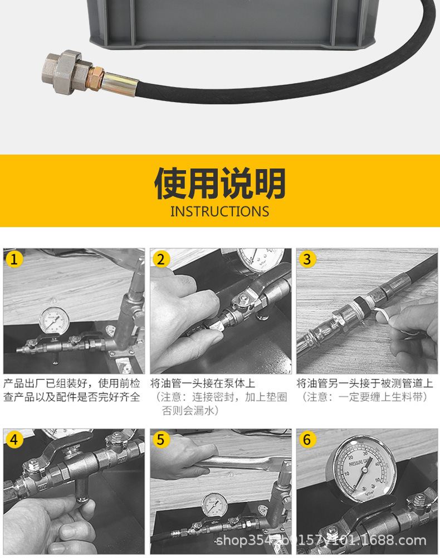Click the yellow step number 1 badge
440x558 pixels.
(14, 259)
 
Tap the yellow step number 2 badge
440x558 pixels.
(161, 259)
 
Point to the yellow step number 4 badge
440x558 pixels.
(14, 440)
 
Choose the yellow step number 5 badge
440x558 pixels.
(161, 440)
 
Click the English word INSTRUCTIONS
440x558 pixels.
(219, 211)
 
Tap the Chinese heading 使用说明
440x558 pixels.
(219, 182)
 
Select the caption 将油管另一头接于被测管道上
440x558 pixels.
(364, 384)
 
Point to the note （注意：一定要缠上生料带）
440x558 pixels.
(364, 397)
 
